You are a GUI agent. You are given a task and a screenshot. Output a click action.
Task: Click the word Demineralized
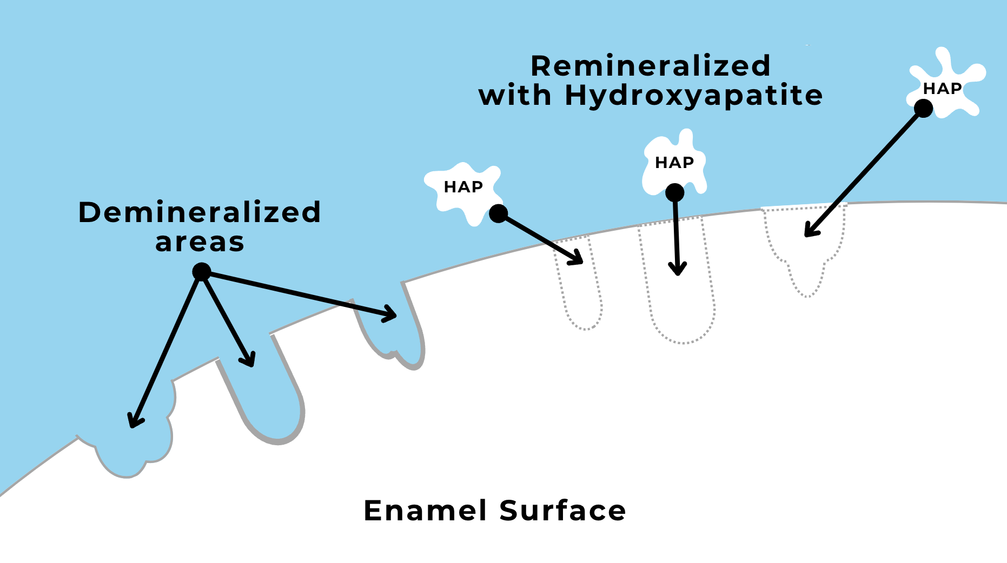200,212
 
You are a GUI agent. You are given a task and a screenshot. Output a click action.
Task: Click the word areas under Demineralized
200,243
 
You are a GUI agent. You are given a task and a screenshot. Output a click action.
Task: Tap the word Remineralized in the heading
651,66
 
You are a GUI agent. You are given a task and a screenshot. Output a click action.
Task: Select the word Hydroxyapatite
694,96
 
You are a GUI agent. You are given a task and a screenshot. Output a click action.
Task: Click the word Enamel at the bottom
425,511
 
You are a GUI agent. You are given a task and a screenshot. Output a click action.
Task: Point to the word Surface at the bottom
562,511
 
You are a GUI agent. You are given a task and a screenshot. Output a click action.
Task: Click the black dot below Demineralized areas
202,271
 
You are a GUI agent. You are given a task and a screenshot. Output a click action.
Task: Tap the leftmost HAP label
463,187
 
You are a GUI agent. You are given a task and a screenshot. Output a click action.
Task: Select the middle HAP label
674,163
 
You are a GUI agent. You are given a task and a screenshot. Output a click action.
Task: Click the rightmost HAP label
942,89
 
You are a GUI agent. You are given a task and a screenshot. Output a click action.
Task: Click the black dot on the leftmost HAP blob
498,213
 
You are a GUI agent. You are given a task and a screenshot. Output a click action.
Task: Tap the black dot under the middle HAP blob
674,192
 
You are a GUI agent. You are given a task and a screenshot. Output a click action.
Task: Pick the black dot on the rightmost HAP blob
923,109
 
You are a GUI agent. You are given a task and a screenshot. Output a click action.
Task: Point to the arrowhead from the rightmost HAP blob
810,232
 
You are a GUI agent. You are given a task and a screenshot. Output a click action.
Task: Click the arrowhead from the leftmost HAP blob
578,259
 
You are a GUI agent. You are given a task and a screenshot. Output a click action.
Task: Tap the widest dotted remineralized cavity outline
805,249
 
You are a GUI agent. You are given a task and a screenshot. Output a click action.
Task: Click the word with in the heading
515,96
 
